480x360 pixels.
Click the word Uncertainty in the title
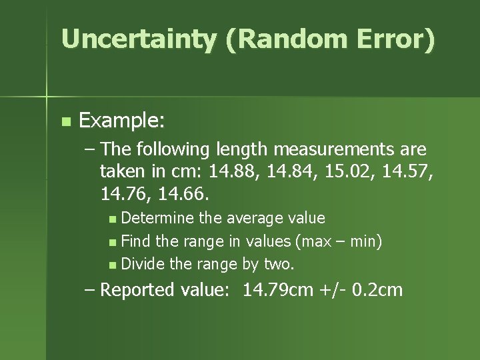pos(138,39)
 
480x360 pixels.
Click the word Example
pos(122,121)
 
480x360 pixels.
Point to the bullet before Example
pos(65,122)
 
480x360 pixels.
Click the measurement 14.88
pos(231,173)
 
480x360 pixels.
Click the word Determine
pos(157,218)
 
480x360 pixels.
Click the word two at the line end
pos(279,263)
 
